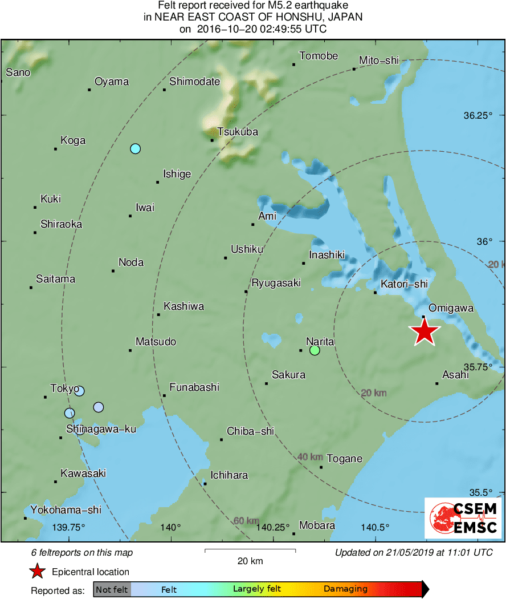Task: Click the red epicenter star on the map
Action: click(424, 332)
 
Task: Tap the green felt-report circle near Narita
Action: click(315, 350)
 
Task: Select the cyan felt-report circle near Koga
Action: click(135, 149)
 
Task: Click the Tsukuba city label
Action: click(238, 132)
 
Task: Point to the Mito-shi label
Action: click(379, 61)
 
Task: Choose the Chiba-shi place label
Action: click(251, 431)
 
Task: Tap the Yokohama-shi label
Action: click(66, 510)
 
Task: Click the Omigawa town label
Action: click(451, 308)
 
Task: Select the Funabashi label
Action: click(194, 387)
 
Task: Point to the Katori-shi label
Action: click(404, 284)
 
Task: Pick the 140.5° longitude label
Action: click(375, 527)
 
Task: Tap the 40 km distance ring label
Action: click(311, 457)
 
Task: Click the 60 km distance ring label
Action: click(247, 521)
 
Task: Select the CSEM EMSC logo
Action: click(463, 518)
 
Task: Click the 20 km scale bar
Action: click(250, 551)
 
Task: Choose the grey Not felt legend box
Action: click(112, 589)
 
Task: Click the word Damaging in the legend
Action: click(346, 589)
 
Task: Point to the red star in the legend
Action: click(37, 571)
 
